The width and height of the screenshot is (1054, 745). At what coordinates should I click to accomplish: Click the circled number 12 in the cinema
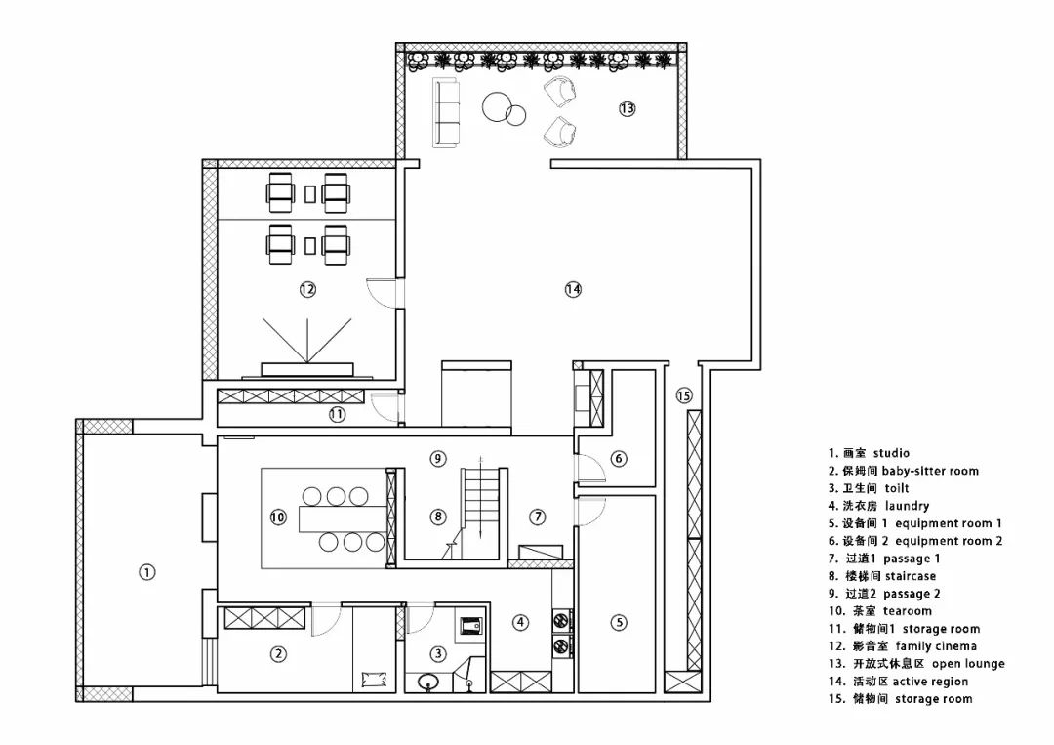[307, 289]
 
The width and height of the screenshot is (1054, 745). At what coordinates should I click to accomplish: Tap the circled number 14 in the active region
[573, 289]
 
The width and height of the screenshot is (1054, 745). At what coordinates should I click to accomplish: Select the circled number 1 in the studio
[146, 573]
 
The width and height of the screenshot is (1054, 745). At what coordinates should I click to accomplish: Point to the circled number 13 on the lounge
[627, 108]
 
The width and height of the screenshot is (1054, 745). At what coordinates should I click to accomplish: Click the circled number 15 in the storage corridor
[683, 395]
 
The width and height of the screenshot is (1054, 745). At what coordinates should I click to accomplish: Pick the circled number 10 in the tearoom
[278, 517]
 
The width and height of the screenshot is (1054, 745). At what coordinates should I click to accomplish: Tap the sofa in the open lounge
[447, 113]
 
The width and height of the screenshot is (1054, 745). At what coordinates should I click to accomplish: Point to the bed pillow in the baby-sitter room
[372, 677]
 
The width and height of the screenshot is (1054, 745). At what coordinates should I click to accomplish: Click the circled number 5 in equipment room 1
[619, 622]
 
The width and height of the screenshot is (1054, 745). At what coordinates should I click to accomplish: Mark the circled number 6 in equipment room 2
[618, 458]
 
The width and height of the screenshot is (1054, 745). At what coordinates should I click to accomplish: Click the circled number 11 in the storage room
[337, 414]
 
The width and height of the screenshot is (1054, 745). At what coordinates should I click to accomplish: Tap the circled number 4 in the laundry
[521, 622]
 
